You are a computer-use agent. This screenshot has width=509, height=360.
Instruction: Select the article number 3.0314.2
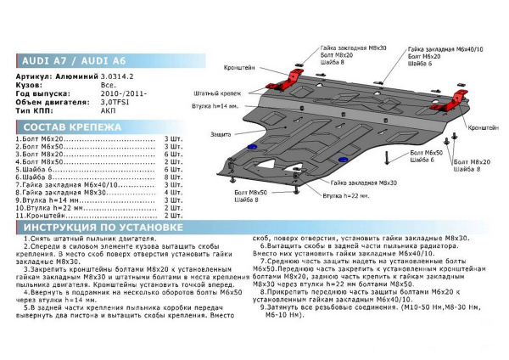[x=118, y=76]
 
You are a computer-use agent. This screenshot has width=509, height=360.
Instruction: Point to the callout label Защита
[x=223, y=135]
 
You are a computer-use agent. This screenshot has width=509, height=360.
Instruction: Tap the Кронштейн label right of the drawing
[x=484, y=127]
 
